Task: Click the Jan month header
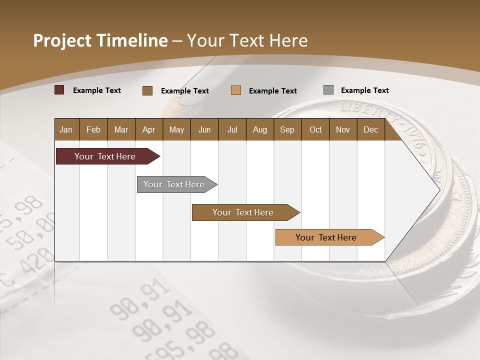point(66,129)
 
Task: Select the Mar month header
point(121,129)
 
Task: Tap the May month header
point(176,129)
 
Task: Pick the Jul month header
point(232,129)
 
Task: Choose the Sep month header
point(287,129)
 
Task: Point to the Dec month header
point(370,129)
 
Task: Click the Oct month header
point(315,129)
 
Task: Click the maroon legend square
point(59,90)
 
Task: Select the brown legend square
point(147,90)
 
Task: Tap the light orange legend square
point(236,90)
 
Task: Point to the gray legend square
point(328,90)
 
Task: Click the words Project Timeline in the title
point(100,40)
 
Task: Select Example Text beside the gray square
point(364,90)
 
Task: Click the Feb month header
point(93,129)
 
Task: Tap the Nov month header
point(343,129)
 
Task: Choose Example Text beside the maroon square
point(97,90)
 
